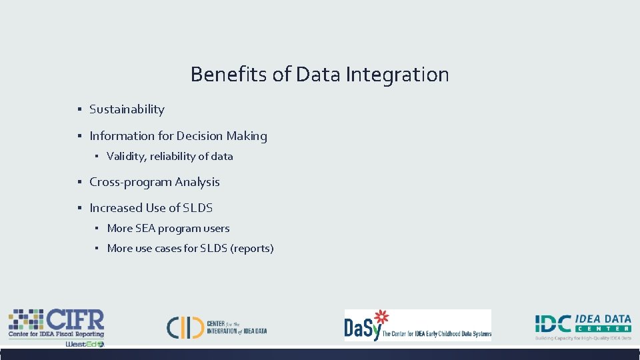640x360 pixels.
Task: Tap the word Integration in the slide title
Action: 397,74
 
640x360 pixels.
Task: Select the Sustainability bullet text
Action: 127,109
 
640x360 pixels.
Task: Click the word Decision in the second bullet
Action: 200,136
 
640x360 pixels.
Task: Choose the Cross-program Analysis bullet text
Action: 154,182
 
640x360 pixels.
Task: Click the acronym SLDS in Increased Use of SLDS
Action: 197,208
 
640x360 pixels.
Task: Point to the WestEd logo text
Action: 84,344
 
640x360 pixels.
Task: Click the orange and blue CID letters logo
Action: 185,327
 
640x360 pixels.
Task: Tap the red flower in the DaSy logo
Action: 381,317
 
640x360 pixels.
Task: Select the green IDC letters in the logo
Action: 553,324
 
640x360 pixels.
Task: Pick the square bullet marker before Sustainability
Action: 79,109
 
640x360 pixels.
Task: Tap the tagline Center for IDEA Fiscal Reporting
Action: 56,334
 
